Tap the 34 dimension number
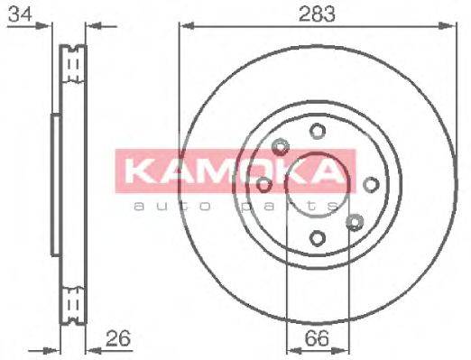pyautogui.click(x=15, y=14)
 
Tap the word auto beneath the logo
pyautogui.click(x=162, y=206)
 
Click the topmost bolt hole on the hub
pyautogui.click(x=317, y=132)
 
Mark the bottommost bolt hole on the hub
pyautogui.click(x=317, y=237)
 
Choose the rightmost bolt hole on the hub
pyautogui.click(x=370, y=184)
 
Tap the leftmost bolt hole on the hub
pyautogui.click(x=263, y=184)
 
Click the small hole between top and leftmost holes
pyautogui.click(x=279, y=147)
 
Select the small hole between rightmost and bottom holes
pyautogui.click(x=355, y=222)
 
